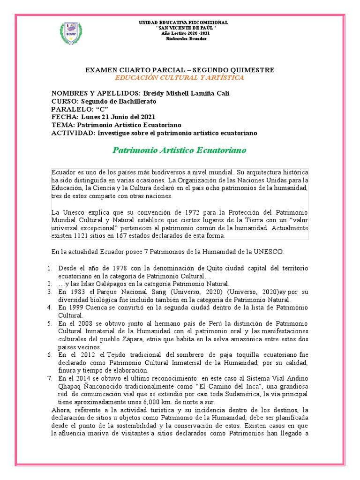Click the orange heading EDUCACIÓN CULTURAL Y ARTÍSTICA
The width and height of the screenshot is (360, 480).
tap(180, 78)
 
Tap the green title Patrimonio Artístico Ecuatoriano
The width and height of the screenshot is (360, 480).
tap(180, 150)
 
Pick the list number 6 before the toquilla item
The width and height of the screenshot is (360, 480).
tap(50, 355)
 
